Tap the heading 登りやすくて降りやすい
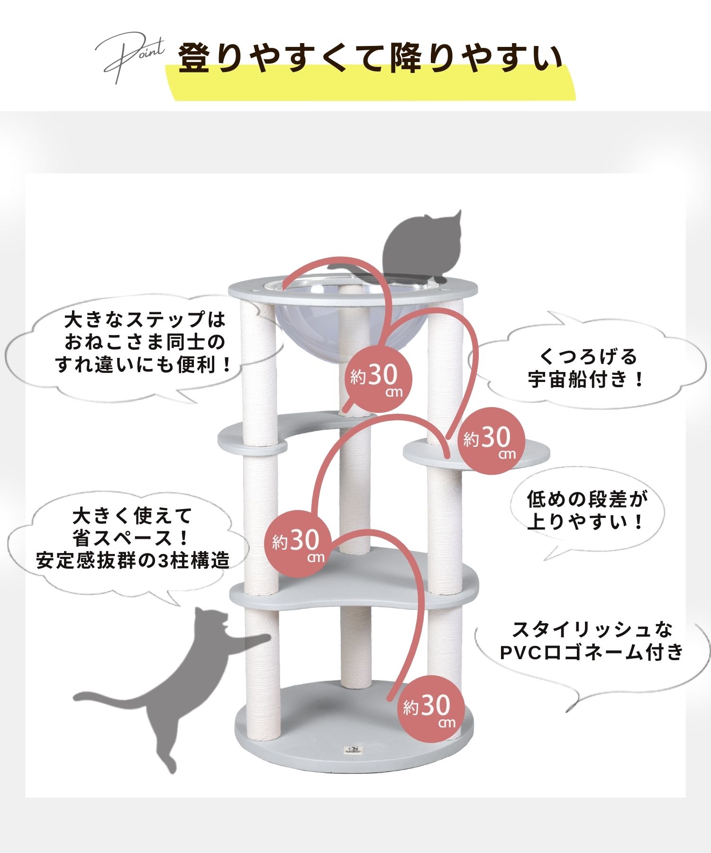(371, 59)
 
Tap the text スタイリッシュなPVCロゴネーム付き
(592, 641)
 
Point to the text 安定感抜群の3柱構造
(133, 562)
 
